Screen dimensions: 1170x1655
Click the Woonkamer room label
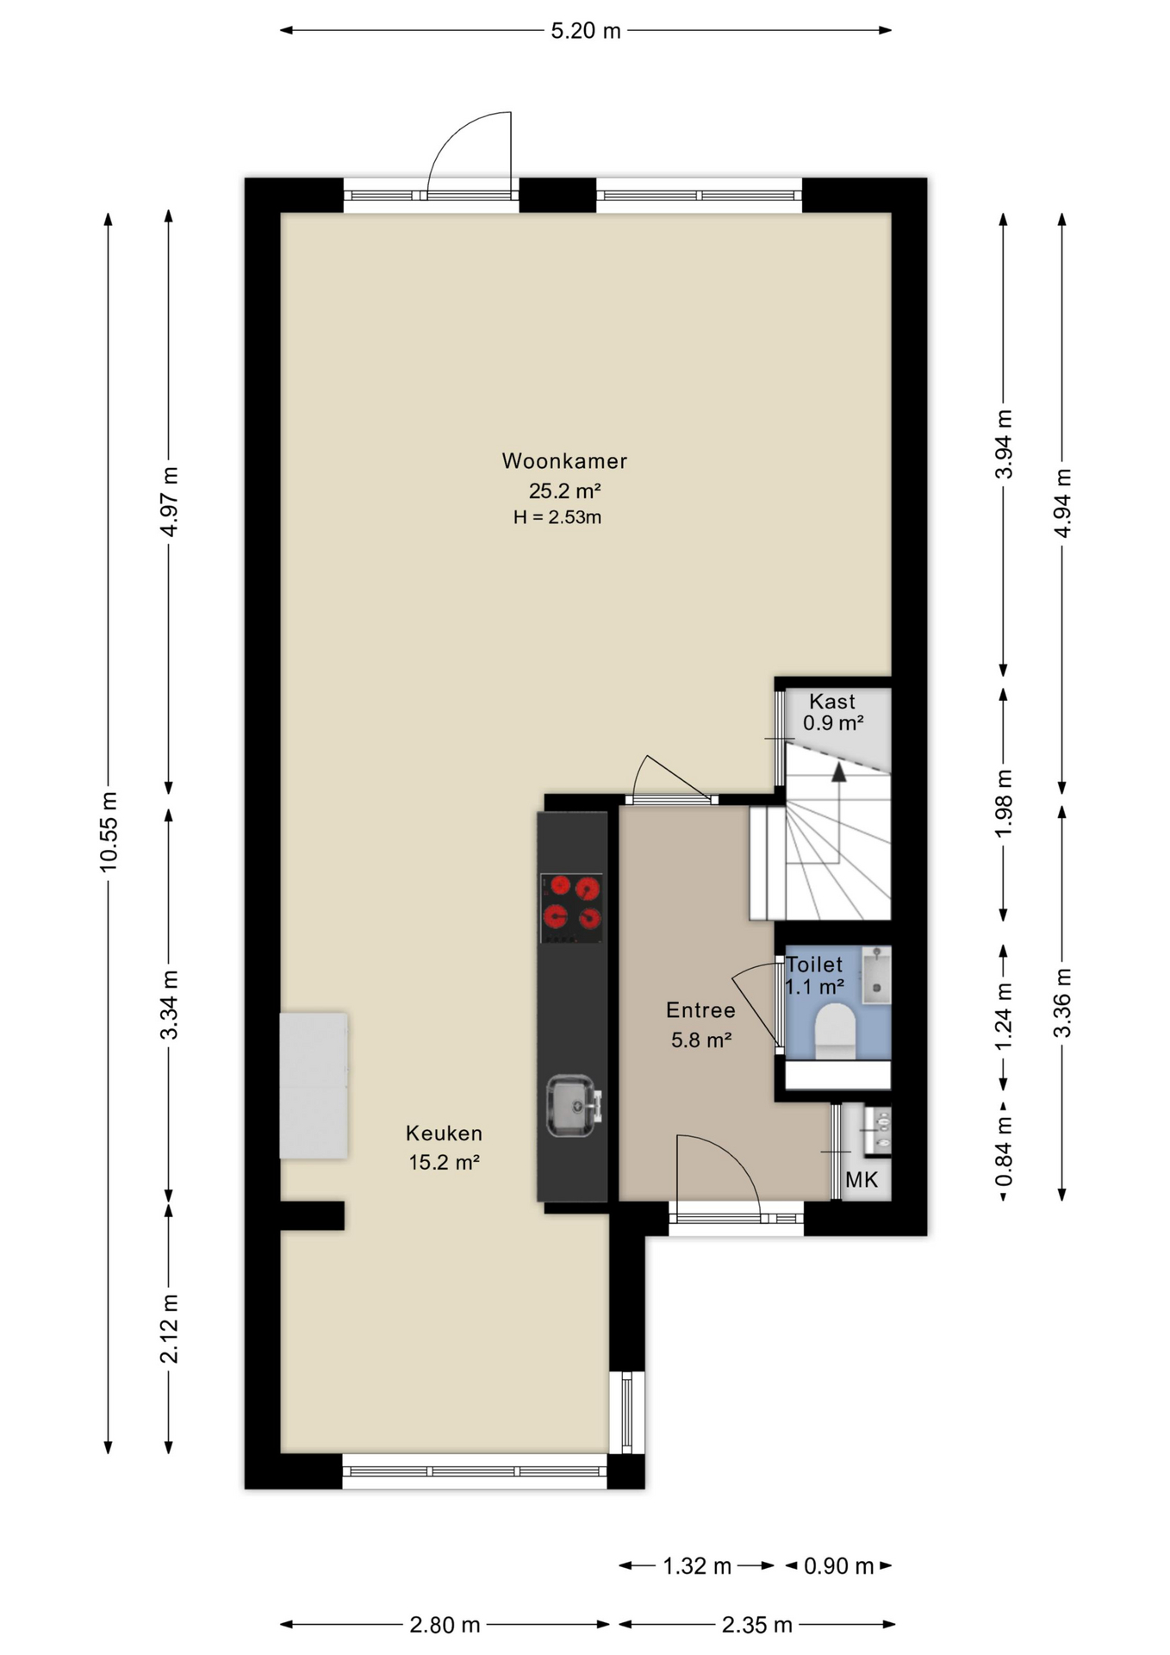tap(564, 461)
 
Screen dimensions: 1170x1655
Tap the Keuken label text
tap(444, 1134)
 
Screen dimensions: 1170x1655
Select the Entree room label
tap(700, 1010)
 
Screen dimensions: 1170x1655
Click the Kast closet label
tap(832, 702)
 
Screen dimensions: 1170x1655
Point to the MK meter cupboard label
tap(862, 1180)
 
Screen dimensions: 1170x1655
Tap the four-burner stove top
tap(571, 908)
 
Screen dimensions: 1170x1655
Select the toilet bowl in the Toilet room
tap(835, 1031)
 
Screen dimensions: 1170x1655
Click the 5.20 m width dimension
tap(586, 31)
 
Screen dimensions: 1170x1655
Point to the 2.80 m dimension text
tap(445, 1625)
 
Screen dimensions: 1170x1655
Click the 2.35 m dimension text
tap(756, 1625)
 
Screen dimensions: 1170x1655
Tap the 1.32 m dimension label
tap(697, 1565)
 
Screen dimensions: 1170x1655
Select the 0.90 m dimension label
tap(839, 1565)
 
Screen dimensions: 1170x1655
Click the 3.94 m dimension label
tap(1004, 445)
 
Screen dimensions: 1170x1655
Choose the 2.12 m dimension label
tap(170, 1328)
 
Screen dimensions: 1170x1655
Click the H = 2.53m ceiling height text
tap(557, 517)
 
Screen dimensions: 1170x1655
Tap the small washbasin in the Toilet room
tap(877, 974)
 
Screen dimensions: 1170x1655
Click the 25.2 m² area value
tap(564, 490)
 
